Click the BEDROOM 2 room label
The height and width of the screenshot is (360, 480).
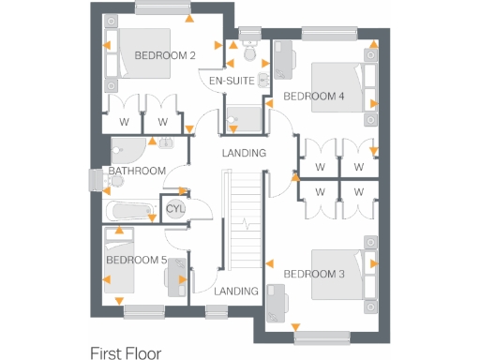point(165,55)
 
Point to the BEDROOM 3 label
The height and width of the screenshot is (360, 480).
point(314,274)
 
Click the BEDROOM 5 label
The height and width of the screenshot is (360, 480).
point(136,260)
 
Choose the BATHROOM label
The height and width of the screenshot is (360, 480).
point(137,171)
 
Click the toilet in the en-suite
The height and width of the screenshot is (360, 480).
point(249,39)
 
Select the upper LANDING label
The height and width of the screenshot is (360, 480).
point(244,153)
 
